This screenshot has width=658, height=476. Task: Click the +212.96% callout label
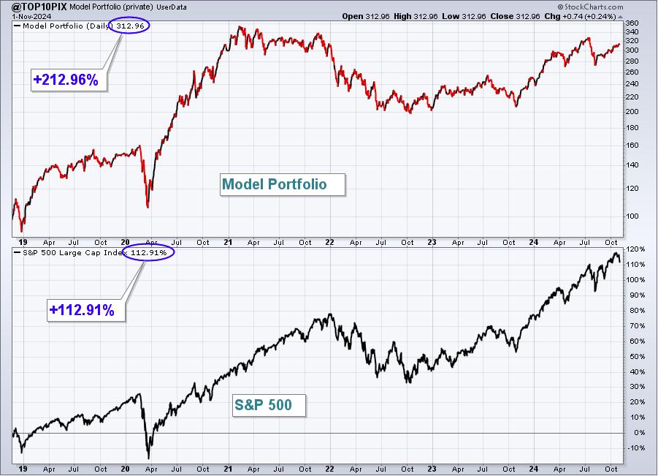point(66,80)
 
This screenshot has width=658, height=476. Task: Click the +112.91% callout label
point(82,310)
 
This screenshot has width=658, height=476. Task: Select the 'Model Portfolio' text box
point(283,184)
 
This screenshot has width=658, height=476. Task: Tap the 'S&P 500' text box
point(269,405)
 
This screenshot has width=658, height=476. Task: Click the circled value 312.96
point(130,26)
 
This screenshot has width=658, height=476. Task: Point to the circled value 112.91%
point(148,252)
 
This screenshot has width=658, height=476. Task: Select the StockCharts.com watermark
point(590,7)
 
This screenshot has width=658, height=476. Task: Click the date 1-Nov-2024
point(31,16)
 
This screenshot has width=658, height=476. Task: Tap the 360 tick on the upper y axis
point(632,23)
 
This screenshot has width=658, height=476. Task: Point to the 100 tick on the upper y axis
point(632,216)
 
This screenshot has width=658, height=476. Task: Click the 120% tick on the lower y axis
point(635,249)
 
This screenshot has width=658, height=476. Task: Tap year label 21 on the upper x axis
point(228,243)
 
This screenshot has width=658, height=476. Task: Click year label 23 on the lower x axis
point(432,469)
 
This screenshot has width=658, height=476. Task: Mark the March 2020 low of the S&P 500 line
point(148,458)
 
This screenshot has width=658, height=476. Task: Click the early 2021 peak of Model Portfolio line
point(240,27)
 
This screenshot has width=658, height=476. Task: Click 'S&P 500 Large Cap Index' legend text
point(72,252)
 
